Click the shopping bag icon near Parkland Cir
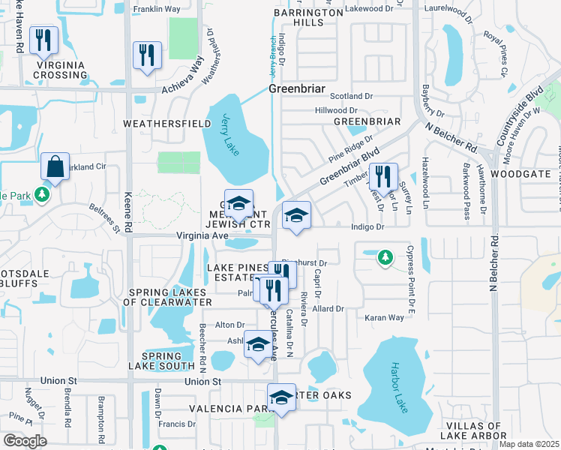(x=55, y=166)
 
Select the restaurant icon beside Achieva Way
(x=146, y=55)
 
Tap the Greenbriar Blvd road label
(x=346, y=167)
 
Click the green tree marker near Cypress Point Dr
(x=385, y=257)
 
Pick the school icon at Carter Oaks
(x=281, y=397)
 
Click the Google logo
(x=25, y=441)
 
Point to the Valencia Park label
(x=229, y=409)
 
